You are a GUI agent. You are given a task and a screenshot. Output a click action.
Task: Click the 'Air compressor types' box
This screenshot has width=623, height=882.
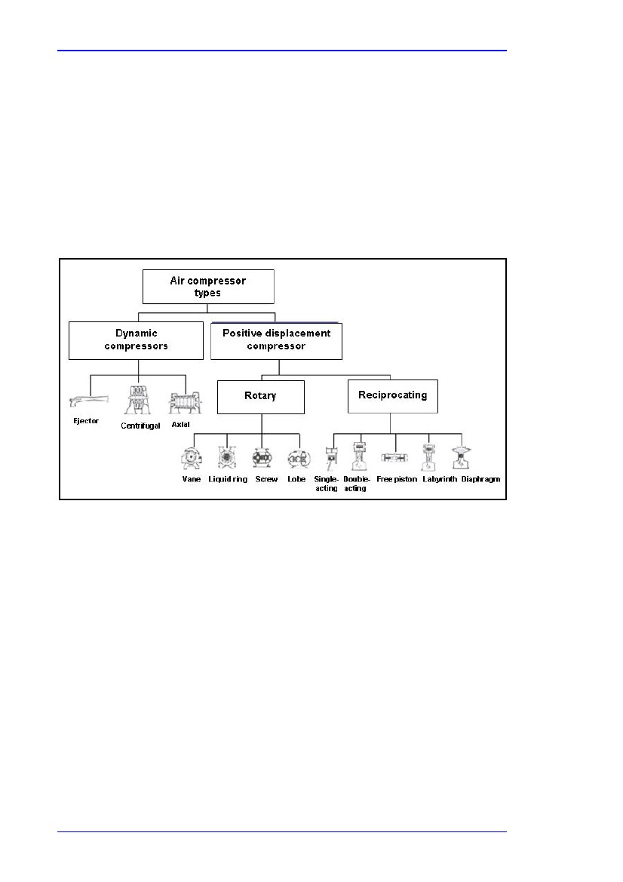click(208, 286)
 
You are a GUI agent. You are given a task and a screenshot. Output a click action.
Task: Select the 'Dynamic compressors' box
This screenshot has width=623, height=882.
click(136, 340)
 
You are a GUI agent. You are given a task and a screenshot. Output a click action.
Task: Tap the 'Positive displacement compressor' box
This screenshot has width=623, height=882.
click(276, 341)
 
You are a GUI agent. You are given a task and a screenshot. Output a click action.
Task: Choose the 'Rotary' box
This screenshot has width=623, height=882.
click(261, 397)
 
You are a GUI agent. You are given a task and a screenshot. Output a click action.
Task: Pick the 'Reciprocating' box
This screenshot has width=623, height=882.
click(392, 396)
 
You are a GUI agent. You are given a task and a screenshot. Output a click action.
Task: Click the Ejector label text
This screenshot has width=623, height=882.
click(86, 421)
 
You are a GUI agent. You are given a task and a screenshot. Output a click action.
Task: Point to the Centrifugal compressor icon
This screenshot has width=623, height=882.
click(137, 400)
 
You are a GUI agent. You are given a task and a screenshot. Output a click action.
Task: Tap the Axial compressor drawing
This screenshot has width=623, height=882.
click(185, 403)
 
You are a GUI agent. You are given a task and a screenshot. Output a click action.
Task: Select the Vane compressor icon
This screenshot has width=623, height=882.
click(191, 459)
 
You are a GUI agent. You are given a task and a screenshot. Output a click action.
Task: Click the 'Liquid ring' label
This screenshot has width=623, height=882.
click(228, 479)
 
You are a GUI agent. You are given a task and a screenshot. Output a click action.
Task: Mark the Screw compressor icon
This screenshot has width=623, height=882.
click(262, 459)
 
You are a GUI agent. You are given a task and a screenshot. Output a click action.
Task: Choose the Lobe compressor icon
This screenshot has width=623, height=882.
click(298, 459)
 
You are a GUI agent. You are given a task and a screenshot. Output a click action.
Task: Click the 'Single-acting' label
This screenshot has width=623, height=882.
click(326, 484)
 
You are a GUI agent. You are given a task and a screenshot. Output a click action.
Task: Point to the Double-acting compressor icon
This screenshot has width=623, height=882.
click(359, 456)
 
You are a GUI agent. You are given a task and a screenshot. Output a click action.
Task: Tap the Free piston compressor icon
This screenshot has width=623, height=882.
click(394, 458)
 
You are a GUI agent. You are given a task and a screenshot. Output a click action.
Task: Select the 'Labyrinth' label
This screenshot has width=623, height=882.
click(440, 479)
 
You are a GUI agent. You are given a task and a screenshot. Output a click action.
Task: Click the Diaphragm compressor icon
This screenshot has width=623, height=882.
click(462, 458)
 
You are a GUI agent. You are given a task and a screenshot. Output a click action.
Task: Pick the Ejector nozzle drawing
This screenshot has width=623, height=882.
click(88, 401)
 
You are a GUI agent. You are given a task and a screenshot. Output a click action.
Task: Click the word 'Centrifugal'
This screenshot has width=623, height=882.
click(140, 426)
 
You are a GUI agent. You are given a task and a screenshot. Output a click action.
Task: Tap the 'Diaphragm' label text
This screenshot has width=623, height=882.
click(480, 479)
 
